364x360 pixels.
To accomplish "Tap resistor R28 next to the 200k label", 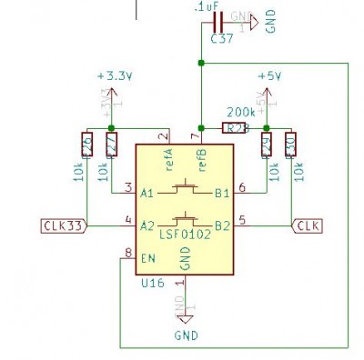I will [235, 128].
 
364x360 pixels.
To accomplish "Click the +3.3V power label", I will [114, 77].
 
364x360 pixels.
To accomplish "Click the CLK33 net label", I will [63, 225].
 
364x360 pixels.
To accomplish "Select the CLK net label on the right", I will [307, 225].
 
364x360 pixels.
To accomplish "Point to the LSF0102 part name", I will [186, 235].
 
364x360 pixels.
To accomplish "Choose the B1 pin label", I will [221, 192].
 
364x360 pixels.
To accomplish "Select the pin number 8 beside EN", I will [128, 252].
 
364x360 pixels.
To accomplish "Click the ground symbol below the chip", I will [186, 319].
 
